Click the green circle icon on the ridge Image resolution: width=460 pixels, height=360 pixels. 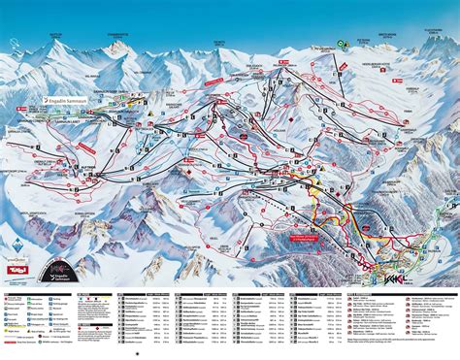tap(342, 44)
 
